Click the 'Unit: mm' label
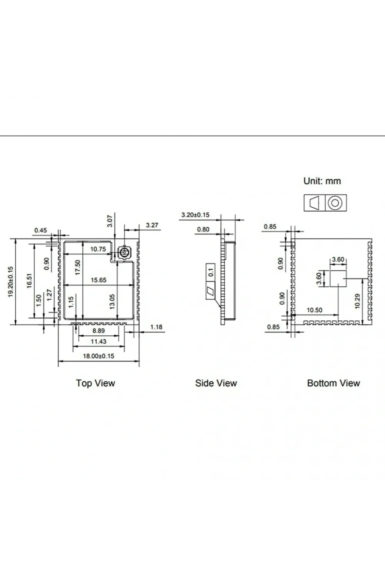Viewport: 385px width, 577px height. coord(322,181)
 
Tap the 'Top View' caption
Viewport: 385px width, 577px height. coord(95,383)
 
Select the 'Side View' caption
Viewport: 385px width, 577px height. coord(216,383)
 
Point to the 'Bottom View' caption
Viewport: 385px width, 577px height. coord(333,383)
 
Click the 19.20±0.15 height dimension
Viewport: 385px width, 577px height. coord(10,282)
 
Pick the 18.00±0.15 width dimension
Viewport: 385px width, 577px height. coord(99,356)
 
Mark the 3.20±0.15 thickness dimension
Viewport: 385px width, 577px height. coord(196,215)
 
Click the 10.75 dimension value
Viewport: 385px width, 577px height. coord(98,249)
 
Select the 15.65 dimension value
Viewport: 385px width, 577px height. coord(99,280)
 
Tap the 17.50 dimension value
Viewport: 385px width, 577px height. coord(78,267)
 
